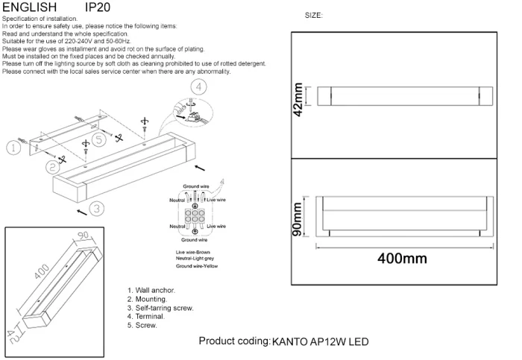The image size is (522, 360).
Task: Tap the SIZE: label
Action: coord(314,16)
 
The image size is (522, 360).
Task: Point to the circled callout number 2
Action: coord(51,165)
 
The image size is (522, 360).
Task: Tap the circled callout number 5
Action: coord(87,138)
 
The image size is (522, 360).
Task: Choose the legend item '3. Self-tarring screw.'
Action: coord(161,308)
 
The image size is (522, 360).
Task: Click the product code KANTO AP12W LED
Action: coord(321,342)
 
